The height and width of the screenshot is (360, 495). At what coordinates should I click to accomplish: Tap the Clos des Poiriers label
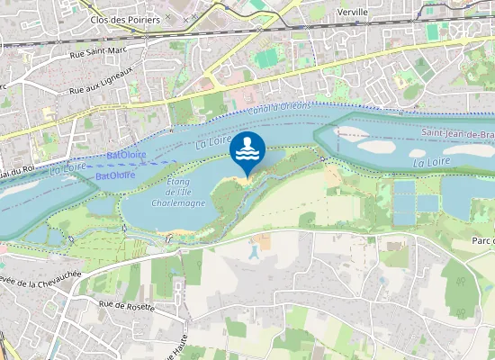pos(125,19)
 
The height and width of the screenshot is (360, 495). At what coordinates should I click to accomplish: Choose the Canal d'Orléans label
pos(283,106)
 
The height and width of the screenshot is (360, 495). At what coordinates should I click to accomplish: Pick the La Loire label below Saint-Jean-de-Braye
pos(432,163)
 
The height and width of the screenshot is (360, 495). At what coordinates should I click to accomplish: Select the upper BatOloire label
pos(127,155)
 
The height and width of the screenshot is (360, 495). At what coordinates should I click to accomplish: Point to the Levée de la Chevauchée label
pos(40,274)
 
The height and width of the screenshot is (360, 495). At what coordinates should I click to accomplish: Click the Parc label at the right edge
pos(483,241)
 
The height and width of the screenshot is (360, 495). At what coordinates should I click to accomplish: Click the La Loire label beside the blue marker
pos(213,139)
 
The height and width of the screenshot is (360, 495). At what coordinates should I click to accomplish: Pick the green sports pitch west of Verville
pos(267,58)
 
